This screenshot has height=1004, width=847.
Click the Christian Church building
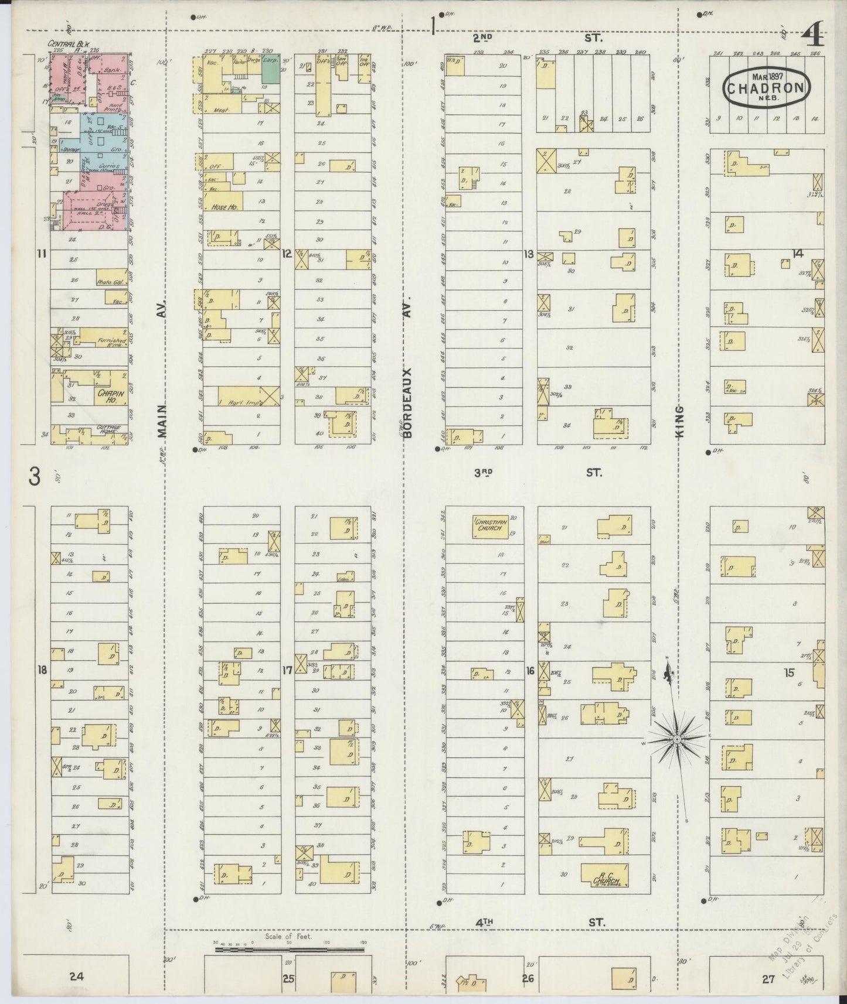(489, 525)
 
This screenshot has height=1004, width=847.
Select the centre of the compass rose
(677, 740)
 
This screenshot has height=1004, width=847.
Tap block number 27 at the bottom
(768, 978)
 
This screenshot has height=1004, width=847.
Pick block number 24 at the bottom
(76, 976)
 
